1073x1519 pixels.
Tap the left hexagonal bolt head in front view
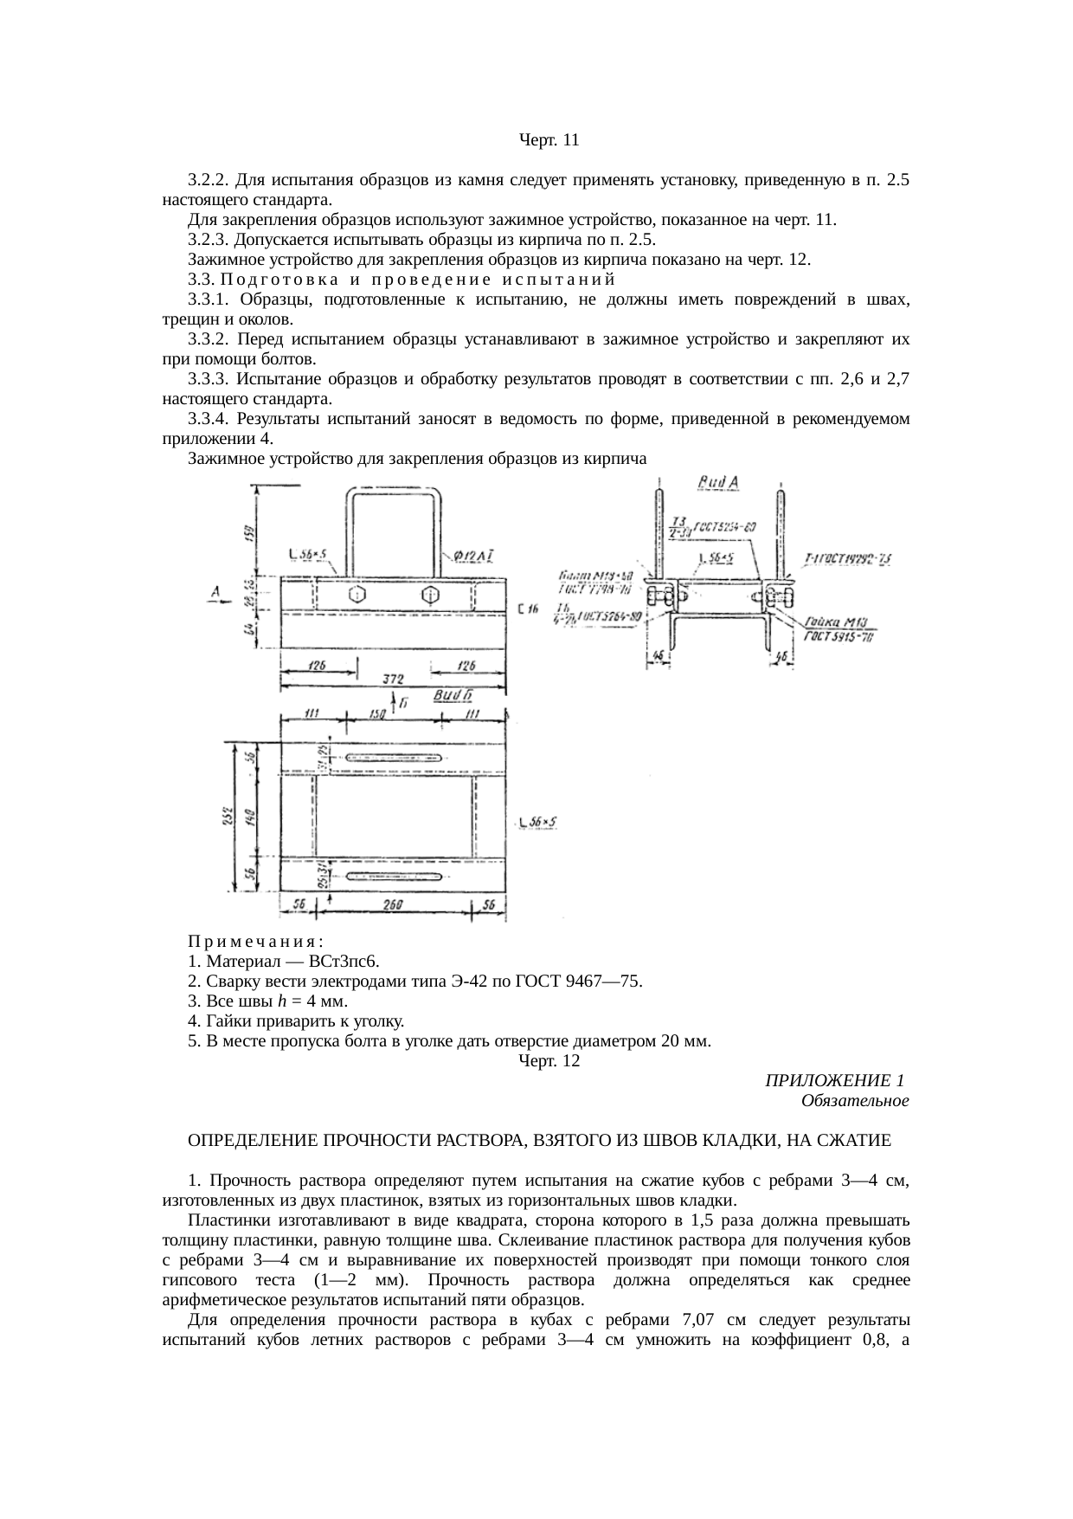click(355, 595)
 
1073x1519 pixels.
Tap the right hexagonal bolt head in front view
click(430, 595)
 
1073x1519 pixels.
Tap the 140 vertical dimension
click(250, 817)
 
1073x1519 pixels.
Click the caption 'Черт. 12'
click(549, 1060)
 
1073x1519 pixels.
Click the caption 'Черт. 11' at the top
click(549, 139)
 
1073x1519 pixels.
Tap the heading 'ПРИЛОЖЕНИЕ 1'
click(834, 1080)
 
